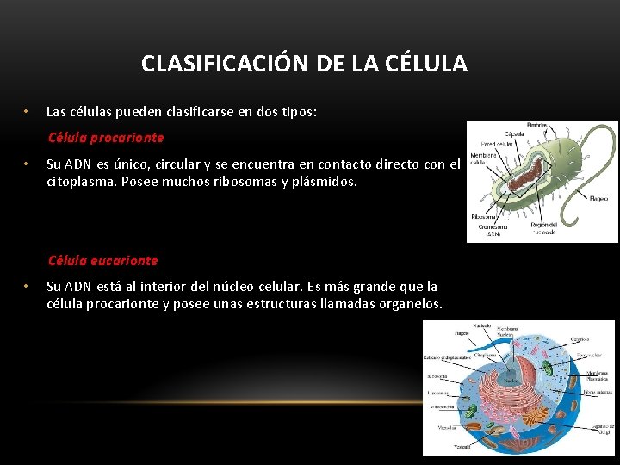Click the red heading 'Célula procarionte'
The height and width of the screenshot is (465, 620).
(x=106, y=138)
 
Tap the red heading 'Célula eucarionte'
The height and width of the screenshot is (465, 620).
(x=103, y=260)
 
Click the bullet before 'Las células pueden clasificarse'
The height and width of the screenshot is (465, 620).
(x=27, y=112)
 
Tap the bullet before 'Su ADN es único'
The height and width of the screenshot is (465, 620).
(x=27, y=164)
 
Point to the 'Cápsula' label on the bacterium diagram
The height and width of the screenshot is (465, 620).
(x=514, y=134)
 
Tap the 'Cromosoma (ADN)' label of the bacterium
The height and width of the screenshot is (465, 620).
(x=492, y=229)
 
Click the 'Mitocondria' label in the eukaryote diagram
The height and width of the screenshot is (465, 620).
(x=443, y=407)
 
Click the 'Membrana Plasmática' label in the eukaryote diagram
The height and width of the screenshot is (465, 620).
(x=597, y=375)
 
